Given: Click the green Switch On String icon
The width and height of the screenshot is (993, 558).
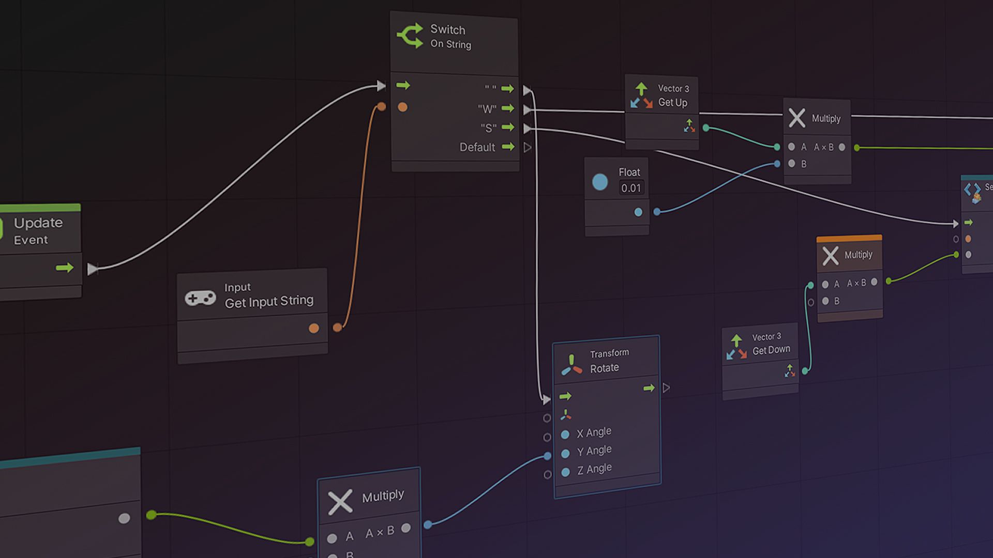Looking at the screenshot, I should click(x=410, y=36).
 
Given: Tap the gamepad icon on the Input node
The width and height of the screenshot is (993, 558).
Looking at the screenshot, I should click(x=201, y=298).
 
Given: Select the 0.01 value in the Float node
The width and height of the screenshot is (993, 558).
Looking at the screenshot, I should click(x=631, y=188).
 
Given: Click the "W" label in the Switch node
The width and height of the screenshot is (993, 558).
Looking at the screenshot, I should click(x=487, y=109).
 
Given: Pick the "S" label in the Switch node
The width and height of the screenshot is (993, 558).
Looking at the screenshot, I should click(x=488, y=128).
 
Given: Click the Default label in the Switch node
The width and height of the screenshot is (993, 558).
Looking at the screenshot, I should click(x=477, y=147).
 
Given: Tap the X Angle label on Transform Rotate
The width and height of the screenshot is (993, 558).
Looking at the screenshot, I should click(x=594, y=432).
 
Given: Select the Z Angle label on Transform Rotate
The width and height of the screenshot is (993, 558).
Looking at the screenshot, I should click(x=594, y=469).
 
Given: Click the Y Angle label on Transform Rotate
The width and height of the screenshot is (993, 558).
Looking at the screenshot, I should click(x=594, y=451).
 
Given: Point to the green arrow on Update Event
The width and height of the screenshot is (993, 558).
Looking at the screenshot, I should click(x=65, y=268).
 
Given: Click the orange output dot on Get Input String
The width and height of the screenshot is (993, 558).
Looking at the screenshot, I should click(x=313, y=328).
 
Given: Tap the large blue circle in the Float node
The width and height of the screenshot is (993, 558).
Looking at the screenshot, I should click(x=600, y=182).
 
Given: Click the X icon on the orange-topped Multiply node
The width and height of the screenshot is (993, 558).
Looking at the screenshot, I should click(x=830, y=256).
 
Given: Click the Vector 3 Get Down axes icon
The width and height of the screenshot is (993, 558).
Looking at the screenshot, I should click(x=736, y=347).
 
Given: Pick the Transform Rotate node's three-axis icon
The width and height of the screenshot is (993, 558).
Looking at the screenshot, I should click(x=571, y=365).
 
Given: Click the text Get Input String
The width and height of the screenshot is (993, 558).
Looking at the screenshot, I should click(x=269, y=301).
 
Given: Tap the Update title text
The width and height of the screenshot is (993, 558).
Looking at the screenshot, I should click(x=38, y=223).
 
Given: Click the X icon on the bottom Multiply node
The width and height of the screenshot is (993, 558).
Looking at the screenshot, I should click(x=340, y=501).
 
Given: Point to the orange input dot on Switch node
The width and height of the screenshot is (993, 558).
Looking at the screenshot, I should click(x=402, y=107).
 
